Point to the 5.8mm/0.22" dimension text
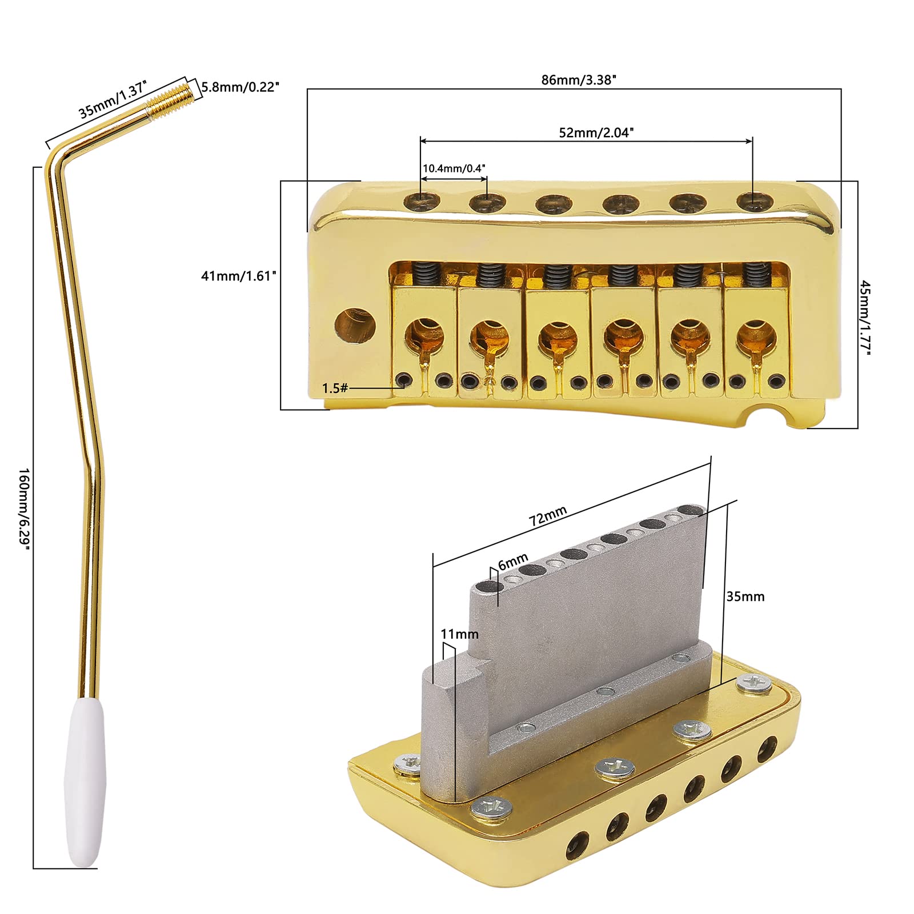(x=240, y=87)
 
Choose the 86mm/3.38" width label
(x=578, y=80)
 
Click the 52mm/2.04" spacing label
(x=596, y=133)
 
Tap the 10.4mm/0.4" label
(x=454, y=169)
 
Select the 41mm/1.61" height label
(x=238, y=276)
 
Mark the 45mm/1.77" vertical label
(x=865, y=318)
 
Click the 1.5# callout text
(x=335, y=388)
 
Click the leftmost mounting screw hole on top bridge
(x=422, y=201)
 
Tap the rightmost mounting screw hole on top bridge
(x=755, y=201)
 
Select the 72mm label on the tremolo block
(x=547, y=515)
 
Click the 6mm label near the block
(x=512, y=561)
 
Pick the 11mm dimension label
(x=459, y=634)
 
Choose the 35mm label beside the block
(x=745, y=596)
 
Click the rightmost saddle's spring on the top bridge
(x=755, y=275)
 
